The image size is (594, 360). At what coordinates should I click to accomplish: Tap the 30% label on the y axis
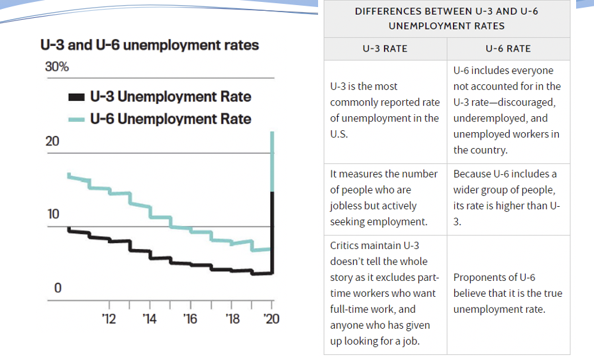[x=57, y=67]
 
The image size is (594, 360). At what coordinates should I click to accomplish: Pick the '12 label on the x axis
[x=109, y=319]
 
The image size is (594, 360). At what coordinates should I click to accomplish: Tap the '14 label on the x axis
[x=149, y=319]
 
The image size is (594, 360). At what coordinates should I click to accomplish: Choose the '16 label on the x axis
[x=190, y=319]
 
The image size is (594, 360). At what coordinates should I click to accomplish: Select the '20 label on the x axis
[x=272, y=319]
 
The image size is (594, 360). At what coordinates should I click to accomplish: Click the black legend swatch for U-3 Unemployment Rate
[x=76, y=97]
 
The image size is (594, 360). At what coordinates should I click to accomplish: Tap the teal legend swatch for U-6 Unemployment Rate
[x=76, y=119]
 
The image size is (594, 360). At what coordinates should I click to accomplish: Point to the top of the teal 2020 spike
[x=273, y=133]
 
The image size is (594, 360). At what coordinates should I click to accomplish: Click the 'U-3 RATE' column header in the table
[x=385, y=49]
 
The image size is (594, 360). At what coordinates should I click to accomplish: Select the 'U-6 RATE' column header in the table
[x=508, y=49]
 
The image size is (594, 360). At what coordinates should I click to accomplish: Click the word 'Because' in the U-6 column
[x=472, y=174]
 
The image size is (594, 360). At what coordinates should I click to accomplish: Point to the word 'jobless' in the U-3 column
[x=346, y=206]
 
